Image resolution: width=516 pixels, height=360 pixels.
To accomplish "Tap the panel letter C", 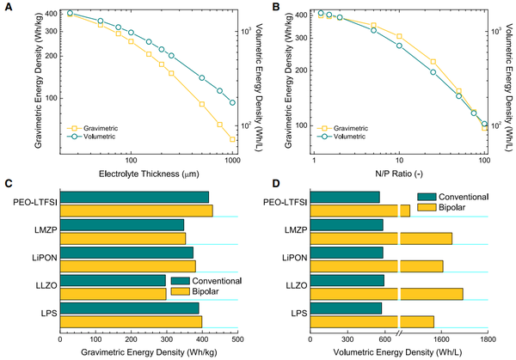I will coord(8,184).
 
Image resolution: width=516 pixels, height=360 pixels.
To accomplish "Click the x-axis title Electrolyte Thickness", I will coord(147,174).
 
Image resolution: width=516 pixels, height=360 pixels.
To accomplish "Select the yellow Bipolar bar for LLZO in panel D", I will coord(387,294).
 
